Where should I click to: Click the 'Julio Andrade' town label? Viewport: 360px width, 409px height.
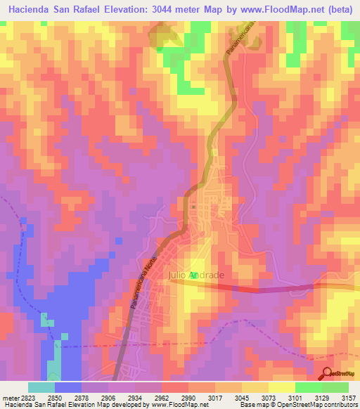[x=196, y=275]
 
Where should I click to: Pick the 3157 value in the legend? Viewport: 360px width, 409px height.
[x=349, y=398]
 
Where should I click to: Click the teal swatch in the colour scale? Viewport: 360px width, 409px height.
[x=41, y=387]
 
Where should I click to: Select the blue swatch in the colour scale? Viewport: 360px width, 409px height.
[x=68, y=387]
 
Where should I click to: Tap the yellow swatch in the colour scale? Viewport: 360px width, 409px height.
[x=282, y=387]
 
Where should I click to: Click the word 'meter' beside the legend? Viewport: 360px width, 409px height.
[x=10, y=398]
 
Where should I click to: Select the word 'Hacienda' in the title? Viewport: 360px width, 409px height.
[x=32, y=10]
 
